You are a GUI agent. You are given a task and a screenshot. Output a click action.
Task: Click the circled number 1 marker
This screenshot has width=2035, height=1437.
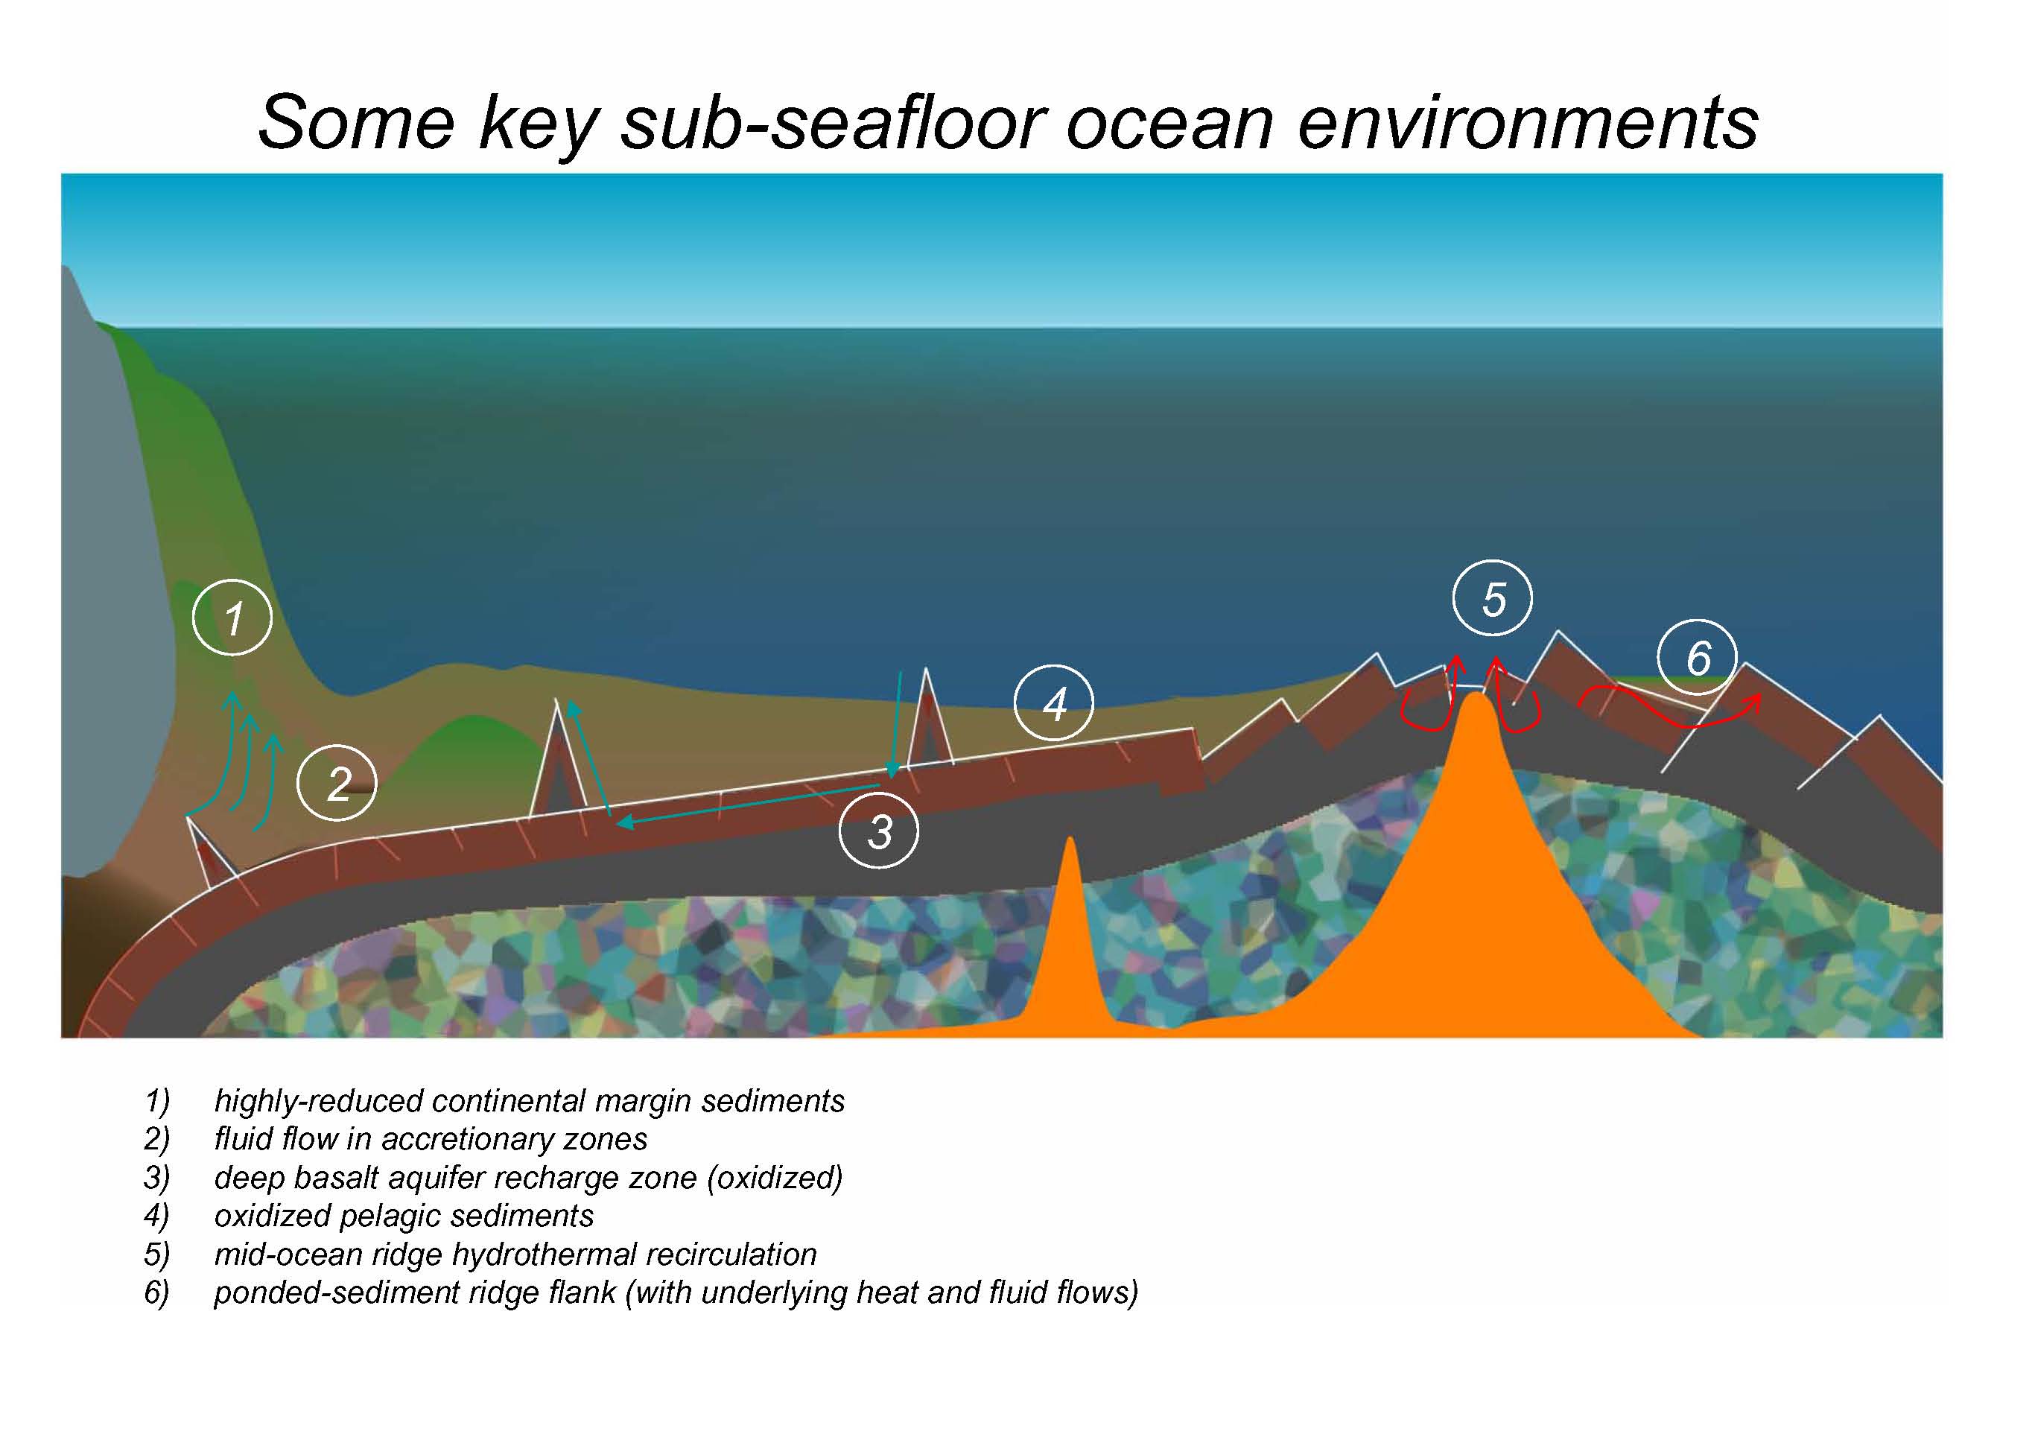232,618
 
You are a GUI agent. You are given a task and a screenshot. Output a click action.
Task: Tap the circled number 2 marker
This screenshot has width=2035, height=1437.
337,783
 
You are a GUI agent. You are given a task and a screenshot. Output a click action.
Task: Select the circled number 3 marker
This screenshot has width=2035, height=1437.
879,831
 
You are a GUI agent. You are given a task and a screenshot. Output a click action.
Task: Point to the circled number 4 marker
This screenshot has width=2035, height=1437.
1054,703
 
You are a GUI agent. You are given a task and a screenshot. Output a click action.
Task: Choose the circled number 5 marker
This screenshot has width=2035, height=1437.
1493,598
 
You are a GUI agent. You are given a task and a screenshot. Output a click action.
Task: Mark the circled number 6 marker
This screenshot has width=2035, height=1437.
1698,657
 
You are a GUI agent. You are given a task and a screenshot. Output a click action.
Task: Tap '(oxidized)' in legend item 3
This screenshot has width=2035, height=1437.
774,1179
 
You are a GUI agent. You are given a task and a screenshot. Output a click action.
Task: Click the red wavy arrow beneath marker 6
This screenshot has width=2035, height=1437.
1670,714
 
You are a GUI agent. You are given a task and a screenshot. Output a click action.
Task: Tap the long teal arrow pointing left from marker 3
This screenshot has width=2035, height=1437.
749,804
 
